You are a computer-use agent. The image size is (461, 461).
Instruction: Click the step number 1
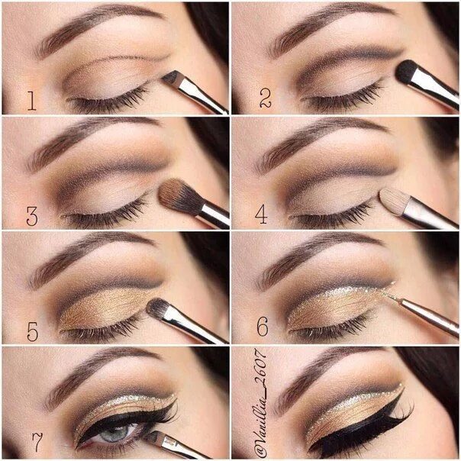(x=32, y=101)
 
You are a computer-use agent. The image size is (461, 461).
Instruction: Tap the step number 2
(x=266, y=98)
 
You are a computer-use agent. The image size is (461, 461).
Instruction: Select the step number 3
(x=32, y=216)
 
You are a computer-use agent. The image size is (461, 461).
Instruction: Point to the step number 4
(x=261, y=214)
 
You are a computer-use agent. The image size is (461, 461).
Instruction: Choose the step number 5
(x=33, y=331)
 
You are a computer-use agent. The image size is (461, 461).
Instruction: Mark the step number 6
(x=263, y=327)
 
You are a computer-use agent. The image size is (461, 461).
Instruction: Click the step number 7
(x=37, y=442)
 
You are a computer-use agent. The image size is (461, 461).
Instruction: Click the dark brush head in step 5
(x=160, y=308)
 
